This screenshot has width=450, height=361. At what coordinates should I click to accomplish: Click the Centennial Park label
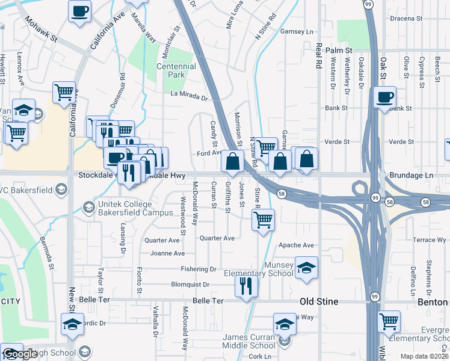click(176, 70)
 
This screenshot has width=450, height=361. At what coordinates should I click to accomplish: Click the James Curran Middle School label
click(249, 341)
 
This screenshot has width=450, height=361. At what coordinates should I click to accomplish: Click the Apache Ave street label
click(297, 245)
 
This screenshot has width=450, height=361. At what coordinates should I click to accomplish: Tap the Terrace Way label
click(429, 240)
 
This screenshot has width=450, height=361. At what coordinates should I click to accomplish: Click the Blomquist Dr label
click(190, 285)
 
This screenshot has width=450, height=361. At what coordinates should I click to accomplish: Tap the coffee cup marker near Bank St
click(384, 97)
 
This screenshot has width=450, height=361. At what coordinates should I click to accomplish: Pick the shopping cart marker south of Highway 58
click(263, 220)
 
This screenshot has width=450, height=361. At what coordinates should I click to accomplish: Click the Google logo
click(19, 354)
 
